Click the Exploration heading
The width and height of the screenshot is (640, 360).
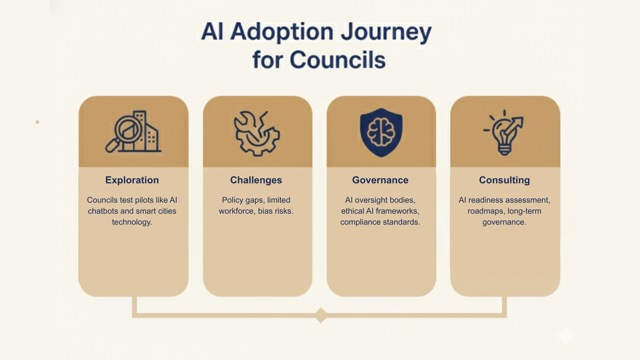132,180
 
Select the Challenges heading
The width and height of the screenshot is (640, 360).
256,180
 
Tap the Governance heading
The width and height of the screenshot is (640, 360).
380,180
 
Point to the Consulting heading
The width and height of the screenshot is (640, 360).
504,180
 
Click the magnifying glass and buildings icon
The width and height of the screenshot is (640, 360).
133,132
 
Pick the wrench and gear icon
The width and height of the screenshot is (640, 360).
257,133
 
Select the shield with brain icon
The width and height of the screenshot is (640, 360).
381,132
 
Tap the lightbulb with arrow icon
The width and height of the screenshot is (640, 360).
504,133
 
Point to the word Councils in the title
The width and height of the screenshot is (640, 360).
337,60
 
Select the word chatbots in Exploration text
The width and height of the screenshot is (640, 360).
103,211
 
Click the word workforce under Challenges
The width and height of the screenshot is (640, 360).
236,211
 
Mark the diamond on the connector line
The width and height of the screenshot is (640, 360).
321,315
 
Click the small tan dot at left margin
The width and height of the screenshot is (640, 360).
37,122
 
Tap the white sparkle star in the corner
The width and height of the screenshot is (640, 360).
565,335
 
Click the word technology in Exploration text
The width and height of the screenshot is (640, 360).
132,222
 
